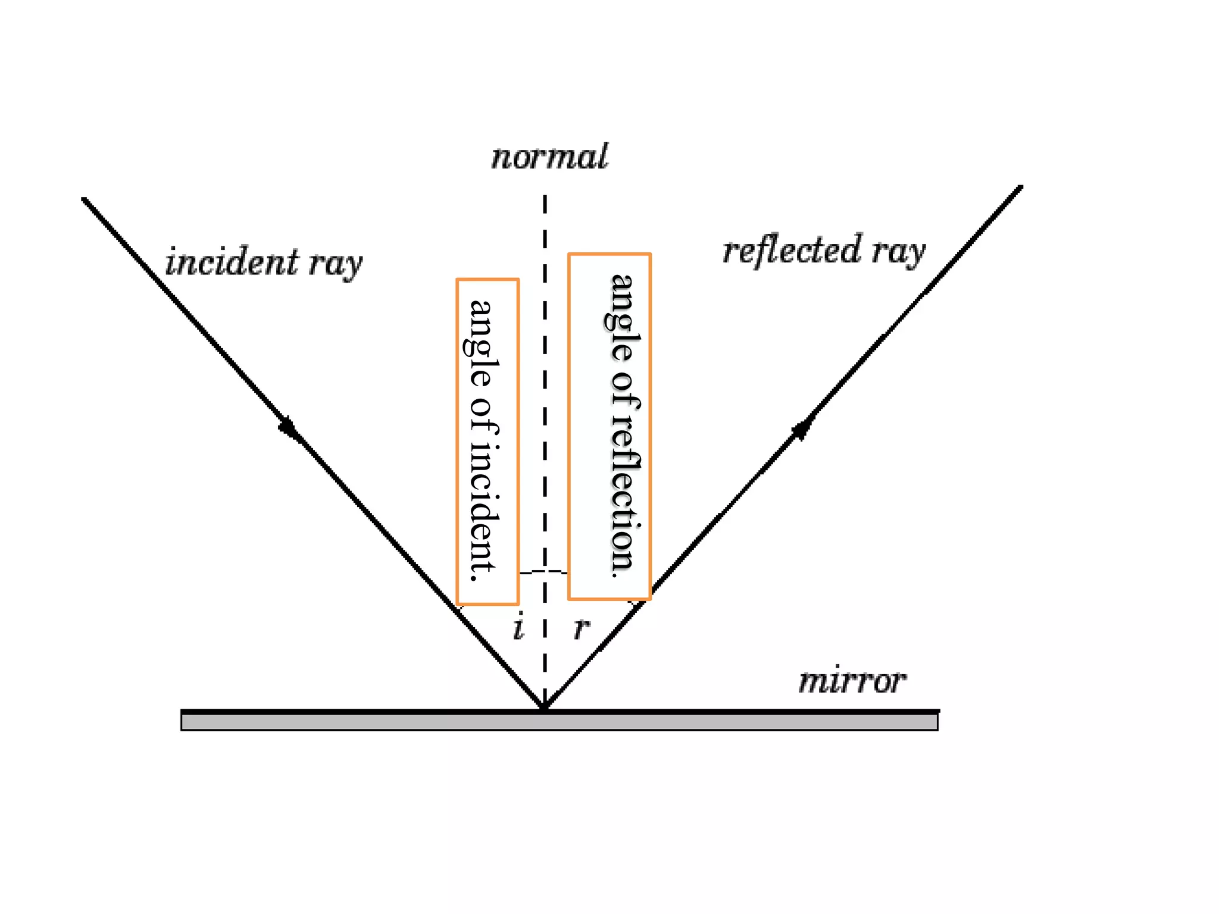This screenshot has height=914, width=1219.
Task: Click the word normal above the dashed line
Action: [549, 157]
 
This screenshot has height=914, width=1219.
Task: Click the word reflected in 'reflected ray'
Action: [792, 250]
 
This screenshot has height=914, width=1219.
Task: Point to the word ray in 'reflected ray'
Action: [899, 251]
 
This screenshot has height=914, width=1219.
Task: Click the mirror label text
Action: [852, 681]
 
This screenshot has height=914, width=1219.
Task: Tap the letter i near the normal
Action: [518, 627]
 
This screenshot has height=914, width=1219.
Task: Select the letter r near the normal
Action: [582, 628]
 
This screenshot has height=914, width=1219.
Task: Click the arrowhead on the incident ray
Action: [289, 427]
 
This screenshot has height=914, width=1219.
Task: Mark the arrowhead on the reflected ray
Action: [801, 429]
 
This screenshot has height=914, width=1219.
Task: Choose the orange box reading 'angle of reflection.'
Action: [609, 426]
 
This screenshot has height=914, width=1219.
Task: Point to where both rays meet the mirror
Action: [544, 708]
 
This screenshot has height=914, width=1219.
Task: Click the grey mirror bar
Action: [560, 722]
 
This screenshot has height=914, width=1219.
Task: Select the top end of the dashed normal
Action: [545, 198]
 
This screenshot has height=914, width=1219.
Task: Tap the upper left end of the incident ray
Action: [85, 200]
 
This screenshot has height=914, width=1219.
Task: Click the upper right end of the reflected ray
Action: [1020, 188]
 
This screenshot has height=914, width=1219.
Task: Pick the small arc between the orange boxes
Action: [543, 572]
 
